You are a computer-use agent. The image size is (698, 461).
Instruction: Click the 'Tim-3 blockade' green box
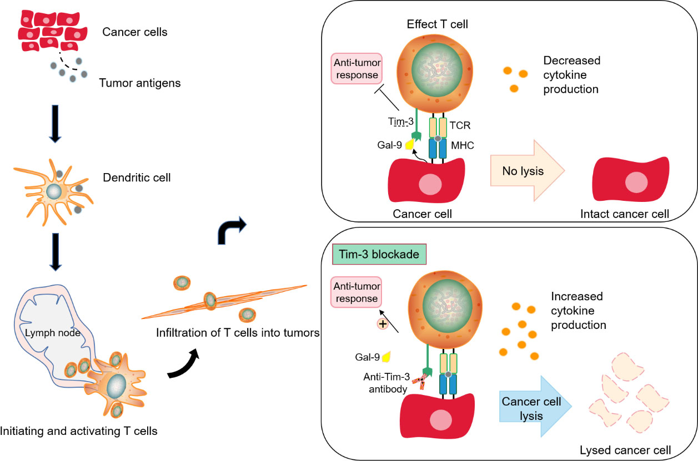tap(379, 254)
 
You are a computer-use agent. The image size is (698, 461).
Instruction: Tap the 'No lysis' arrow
tap(527, 170)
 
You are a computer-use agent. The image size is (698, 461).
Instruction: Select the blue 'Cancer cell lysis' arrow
tap(535, 406)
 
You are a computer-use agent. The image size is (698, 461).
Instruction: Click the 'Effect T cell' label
tap(437, 24)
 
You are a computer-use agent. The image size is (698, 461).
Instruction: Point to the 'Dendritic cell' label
tap(137, 178)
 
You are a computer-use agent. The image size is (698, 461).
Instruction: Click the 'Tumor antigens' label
tap(139, 83)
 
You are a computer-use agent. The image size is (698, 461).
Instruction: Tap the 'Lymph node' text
tap(52, 333)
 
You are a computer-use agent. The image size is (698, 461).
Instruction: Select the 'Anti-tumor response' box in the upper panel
tap(357, 69)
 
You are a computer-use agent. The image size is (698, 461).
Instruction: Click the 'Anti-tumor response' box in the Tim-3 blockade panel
tap(356, 292)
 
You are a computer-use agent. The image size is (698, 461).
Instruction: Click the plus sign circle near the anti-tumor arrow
tap(383, 324)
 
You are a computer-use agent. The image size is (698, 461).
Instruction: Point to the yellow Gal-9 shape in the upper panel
tap(410, 144)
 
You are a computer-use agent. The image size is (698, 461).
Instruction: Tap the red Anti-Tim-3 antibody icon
tap(420, 381)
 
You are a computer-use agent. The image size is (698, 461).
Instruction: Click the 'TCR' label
tap(460, 125)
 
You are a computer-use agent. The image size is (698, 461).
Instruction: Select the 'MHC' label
tap(463, 145)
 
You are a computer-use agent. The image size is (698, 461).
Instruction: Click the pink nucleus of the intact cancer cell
tap(636, 183)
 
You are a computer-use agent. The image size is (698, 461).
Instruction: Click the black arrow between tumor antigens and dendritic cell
tap(55, 124)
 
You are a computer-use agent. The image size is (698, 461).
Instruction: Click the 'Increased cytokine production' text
tap(579, 310)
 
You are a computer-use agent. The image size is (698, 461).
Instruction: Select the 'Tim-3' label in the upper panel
tap(400, 121)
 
